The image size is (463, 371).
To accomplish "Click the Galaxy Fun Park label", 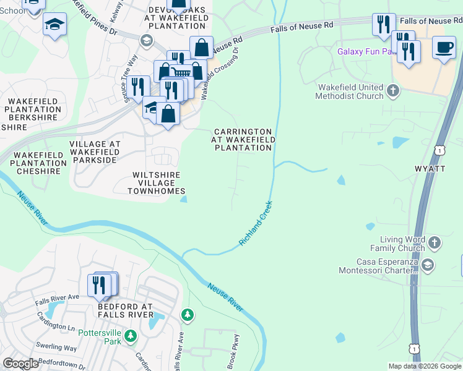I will [x=365, y=51].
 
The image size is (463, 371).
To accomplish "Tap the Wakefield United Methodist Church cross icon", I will [x=392, y=92].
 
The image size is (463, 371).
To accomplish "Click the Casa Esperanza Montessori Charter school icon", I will [x=427, y=266].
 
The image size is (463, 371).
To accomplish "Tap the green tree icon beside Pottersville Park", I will [x=130, y=336].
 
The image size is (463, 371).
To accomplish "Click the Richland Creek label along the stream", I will [x=256, y=223].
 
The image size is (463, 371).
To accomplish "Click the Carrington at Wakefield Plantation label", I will [x=243, y=140].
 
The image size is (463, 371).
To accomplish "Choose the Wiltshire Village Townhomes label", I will [x=157, y=183].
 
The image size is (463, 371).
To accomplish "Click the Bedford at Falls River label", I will [x=125, y=310].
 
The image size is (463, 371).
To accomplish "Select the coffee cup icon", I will [x=443, y=48].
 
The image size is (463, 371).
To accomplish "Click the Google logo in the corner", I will [x=20, y=364].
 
